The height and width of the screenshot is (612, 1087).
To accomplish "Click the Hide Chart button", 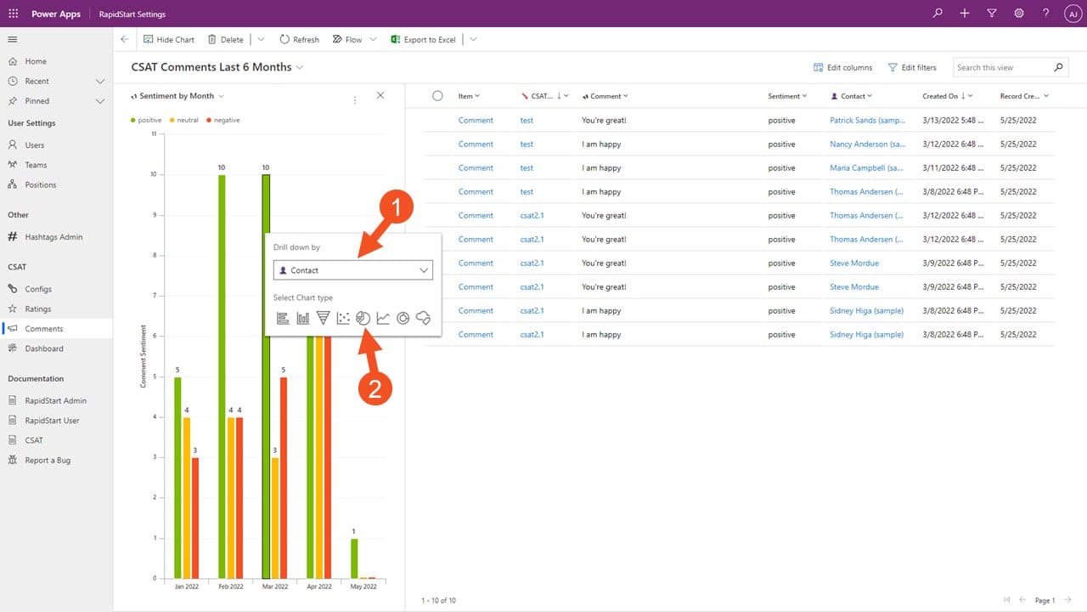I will pyautogui.click(x=169, y=40).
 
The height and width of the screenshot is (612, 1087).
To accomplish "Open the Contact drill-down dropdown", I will pyautogui.click(x=352, y=270).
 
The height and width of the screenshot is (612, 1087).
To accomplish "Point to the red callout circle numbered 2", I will pyautogui.click(x=375, y=388).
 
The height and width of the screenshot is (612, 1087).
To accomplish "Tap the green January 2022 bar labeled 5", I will pyautogui.click(x=177, y=476).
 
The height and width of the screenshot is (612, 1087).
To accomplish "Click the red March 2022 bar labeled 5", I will pyautogui.click(x=284, y=476).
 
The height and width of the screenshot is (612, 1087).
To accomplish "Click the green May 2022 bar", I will pyautogui.click(x=354, y=558).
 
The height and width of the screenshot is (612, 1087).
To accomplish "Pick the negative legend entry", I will pyautogui.click(x=223, y=121).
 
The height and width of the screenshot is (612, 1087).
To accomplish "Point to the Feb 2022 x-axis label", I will pyautogui.click(x=231, y=586).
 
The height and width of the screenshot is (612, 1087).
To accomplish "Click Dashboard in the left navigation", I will pyautogui.click(x=43, y=348).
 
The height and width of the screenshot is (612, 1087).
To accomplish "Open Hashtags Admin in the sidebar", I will pyautogui.click(x=54, y=237).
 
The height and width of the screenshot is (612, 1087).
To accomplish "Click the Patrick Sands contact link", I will pyautogui.click(x=867, y=121).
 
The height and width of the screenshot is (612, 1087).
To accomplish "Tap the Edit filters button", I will pyautogui.click(x=912, y=67).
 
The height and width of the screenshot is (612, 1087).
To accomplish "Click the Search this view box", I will pyautogui.click(x=1002, y=67).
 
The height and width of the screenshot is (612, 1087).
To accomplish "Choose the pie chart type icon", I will pyautogui.click(x=363, y=318).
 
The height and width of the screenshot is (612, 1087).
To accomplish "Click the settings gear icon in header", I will pyautogui.click(x=1019, y=14).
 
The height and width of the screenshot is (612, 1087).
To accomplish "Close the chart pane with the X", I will pyautogui.click(x=380, y=96).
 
